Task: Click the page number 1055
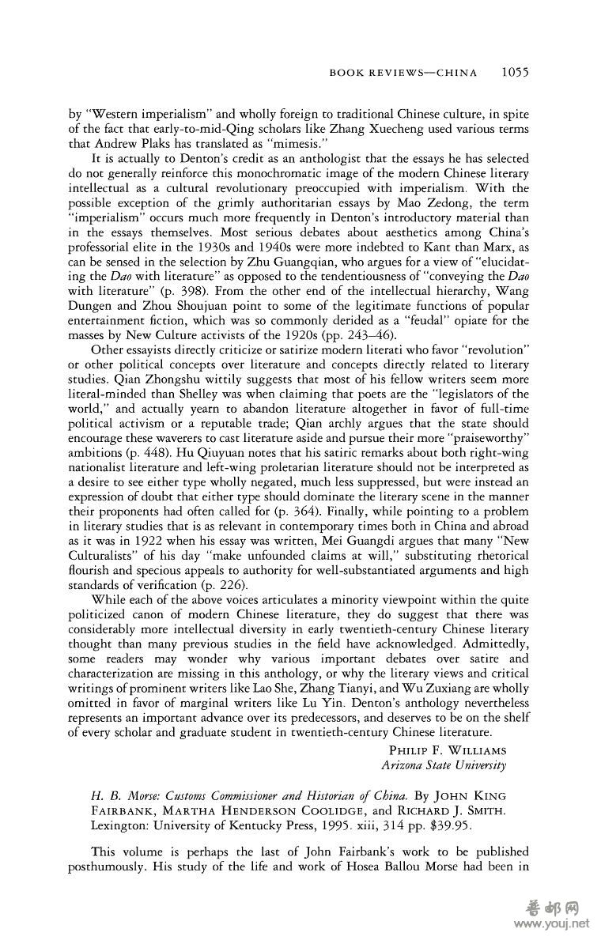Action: (513, 74)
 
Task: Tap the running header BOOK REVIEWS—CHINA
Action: (403, 74)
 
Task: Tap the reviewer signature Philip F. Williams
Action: (448, 749)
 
